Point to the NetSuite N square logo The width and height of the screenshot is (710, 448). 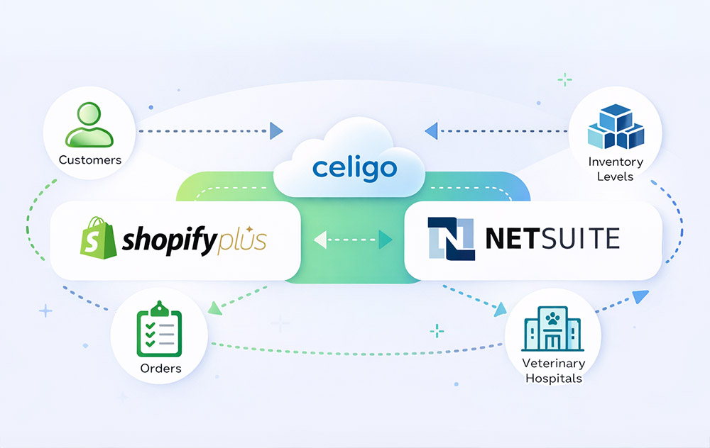[452, 238]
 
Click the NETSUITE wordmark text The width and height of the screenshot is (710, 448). [552, 238]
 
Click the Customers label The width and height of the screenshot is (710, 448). [89, 160]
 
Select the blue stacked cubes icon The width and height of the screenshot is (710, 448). [615, 128]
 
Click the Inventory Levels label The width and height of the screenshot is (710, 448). [615, 169]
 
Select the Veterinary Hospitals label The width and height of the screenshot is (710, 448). [553, 371]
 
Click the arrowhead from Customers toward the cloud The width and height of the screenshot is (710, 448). [276, 131]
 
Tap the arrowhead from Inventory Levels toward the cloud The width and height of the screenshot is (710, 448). [430, 130]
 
